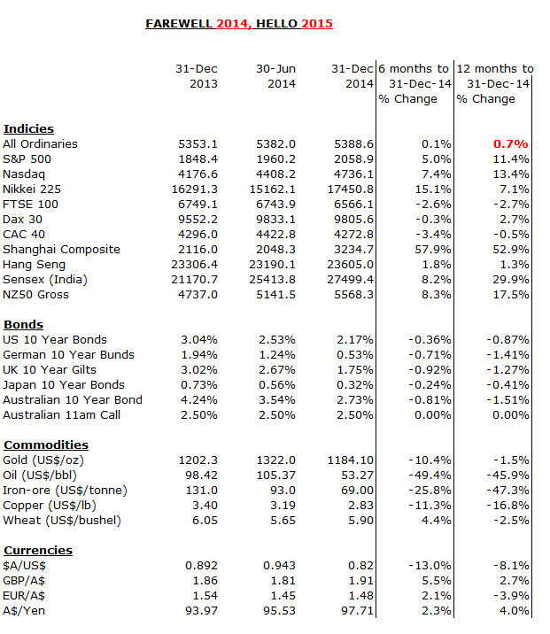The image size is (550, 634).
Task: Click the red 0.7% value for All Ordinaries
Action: (x=510, y=144)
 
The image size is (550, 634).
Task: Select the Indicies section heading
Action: (x=28, y=129)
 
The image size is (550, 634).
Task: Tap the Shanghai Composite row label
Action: (x=61, y=250)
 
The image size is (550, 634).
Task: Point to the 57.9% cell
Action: (x=433, y=250)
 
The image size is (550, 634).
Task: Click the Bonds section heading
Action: (x=23, y=325)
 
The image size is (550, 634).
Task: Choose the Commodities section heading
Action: (x=46, y=445)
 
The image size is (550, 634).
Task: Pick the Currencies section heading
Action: (x=38, y=550)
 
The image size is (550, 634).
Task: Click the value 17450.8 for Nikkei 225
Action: (x=350, y=189)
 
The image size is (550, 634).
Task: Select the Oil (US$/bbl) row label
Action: (x=40, y=475)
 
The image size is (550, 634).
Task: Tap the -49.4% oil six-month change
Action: (x=430, y=475)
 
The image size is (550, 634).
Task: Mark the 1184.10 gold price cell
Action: (x=350, y=460)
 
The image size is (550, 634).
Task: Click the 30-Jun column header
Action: (x=275, y=69)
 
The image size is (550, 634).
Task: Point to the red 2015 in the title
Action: (x=317, y=24)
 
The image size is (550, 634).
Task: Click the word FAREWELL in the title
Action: (x=179, y=24)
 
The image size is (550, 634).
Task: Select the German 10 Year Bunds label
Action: (x=68, y=355)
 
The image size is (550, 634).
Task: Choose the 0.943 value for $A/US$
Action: (x=280, y=566)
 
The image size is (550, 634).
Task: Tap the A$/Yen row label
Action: (x=24, y=611)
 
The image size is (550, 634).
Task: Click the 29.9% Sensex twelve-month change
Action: (x=510, y=280)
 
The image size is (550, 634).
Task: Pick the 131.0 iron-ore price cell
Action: (x=201, y=491)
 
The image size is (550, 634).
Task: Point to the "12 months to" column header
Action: (x=495, y=69)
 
